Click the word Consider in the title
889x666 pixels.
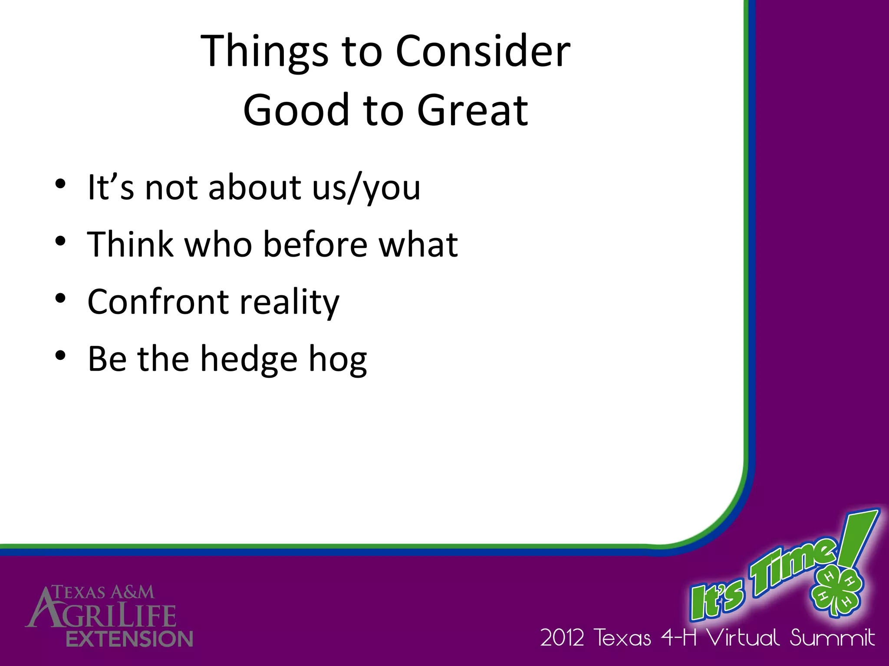(483, 52)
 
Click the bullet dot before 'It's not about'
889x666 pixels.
(60, 184)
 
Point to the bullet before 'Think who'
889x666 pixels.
(60, 242)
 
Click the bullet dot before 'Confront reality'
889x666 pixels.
(60, 299)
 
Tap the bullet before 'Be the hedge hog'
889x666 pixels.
(60, 356)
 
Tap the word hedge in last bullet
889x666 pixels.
(248, 360)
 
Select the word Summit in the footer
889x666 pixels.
(832, 638)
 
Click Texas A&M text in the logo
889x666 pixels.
(103, 592)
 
